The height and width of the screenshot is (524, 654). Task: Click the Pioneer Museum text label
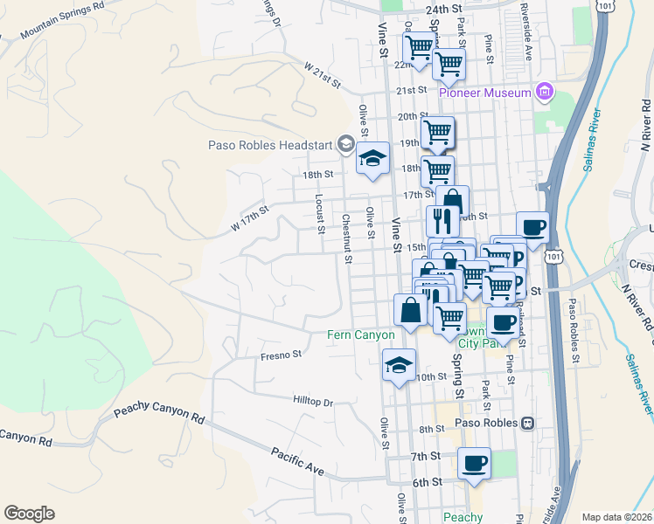(x=485, y=93)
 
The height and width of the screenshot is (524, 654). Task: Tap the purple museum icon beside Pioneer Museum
(x=545, y=91)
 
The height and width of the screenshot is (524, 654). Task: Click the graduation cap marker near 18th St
(x=373, y=159)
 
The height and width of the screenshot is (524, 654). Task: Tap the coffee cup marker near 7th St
(x=474, y=463)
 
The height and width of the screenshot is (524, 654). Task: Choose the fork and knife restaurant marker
(x=442, y=221)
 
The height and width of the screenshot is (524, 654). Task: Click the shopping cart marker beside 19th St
(x=436, y=133)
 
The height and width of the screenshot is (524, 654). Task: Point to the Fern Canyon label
(x=361, y=334)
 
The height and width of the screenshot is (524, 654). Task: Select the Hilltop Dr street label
(x=316, y=402)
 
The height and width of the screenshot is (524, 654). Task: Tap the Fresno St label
(x=281, y=355)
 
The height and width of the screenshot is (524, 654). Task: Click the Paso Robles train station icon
(x=527, y=423)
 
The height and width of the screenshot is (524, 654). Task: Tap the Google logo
(x=29, y=514)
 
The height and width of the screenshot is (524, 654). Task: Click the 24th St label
(x=443, y=8)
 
